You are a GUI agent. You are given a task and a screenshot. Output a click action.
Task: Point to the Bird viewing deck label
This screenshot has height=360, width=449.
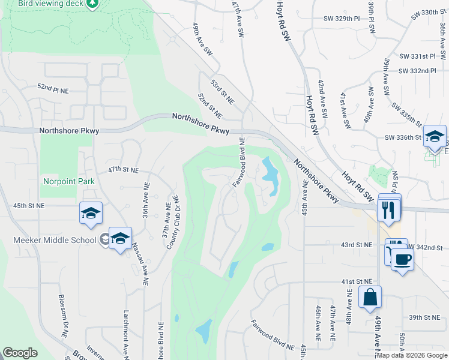(x=41, y=4)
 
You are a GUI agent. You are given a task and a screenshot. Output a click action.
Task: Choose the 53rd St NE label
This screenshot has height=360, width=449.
(x=222, y=89)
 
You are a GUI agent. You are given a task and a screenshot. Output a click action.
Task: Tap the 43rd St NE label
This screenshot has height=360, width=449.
(x=357, y=245)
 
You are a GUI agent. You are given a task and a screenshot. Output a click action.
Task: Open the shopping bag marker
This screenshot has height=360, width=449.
(x=370, y=297)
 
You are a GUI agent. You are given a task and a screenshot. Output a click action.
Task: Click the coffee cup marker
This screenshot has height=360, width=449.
(x=402, y=259)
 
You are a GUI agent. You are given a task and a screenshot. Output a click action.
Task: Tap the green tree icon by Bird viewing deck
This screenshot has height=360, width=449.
(x=92, y=4)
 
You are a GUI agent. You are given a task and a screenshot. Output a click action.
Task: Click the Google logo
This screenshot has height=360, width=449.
(x=20, y=353)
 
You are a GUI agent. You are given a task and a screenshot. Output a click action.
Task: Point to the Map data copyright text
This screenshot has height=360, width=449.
(x=412, y=355)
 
